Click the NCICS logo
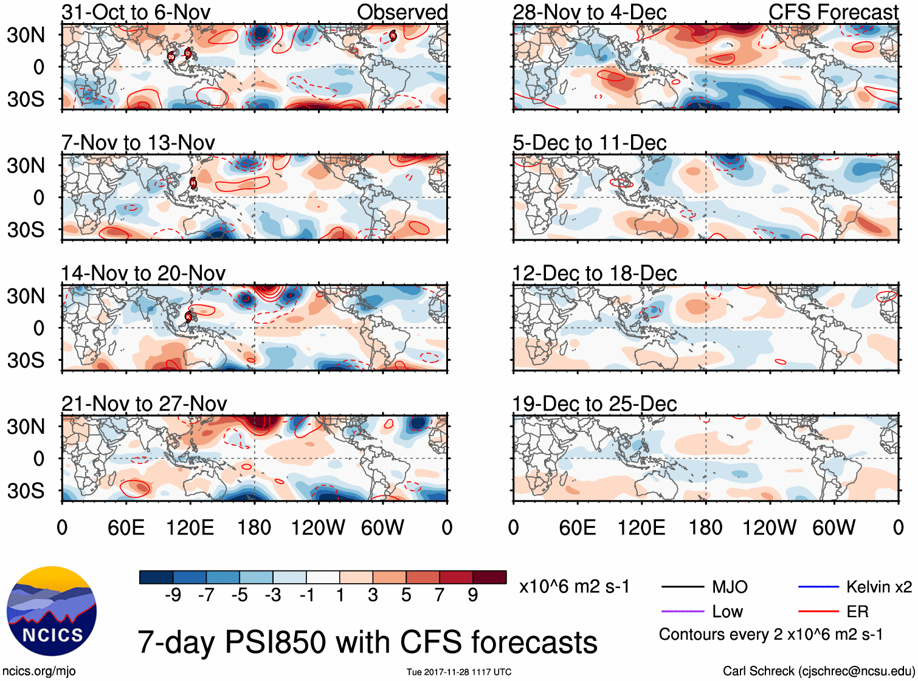click(52, 611)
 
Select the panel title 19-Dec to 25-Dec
click(594, 404)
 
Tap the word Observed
click(402, 12)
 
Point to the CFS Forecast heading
click(833, 12)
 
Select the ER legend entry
click(857, 612)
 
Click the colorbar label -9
click(173, 595)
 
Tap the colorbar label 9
click(473, 595)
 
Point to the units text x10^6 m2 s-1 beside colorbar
click(575, 587)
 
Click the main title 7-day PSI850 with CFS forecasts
click(367, 642)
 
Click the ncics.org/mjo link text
click(39, 671)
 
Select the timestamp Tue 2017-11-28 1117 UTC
click(459, 672)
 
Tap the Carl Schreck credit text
click(818, 671)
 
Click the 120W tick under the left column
click(317, 527)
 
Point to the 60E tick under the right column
click(577, 527)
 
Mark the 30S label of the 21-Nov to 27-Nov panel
click(26, 491)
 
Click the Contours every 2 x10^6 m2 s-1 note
click(770, 635)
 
